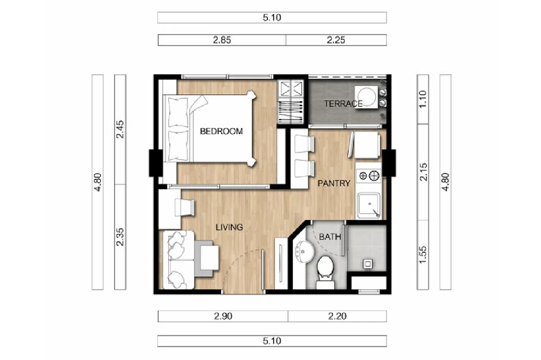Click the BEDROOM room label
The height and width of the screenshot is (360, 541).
[221, 132]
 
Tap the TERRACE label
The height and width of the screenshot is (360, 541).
[343, 104]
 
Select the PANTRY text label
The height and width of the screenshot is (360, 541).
[334, 183]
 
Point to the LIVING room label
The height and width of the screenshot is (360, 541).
[229, 228]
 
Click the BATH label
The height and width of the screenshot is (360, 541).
[330, 237]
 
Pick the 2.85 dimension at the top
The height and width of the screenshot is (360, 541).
[222, 40]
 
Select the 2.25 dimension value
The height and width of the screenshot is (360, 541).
[336, 40]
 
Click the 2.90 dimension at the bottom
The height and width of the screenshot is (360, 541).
[223, 317]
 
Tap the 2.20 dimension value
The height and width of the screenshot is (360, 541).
[337, 317]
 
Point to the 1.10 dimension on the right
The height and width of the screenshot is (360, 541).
[423, 99]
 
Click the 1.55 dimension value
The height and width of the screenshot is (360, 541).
[423, 255]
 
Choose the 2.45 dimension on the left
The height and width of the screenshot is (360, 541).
[120, 129]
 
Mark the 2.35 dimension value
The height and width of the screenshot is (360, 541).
[120, 237]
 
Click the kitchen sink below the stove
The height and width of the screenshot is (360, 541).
[369, 205]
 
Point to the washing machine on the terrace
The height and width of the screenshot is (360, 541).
[366, 97]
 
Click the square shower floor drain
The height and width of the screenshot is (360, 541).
[368, 264]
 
